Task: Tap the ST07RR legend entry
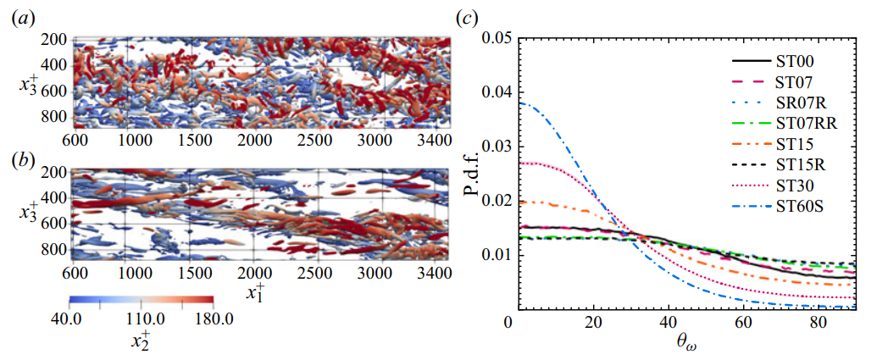coord(806,125)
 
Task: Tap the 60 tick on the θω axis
coord(744,324)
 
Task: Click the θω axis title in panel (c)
coord(684,345)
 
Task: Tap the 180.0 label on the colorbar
coord(209,318)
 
